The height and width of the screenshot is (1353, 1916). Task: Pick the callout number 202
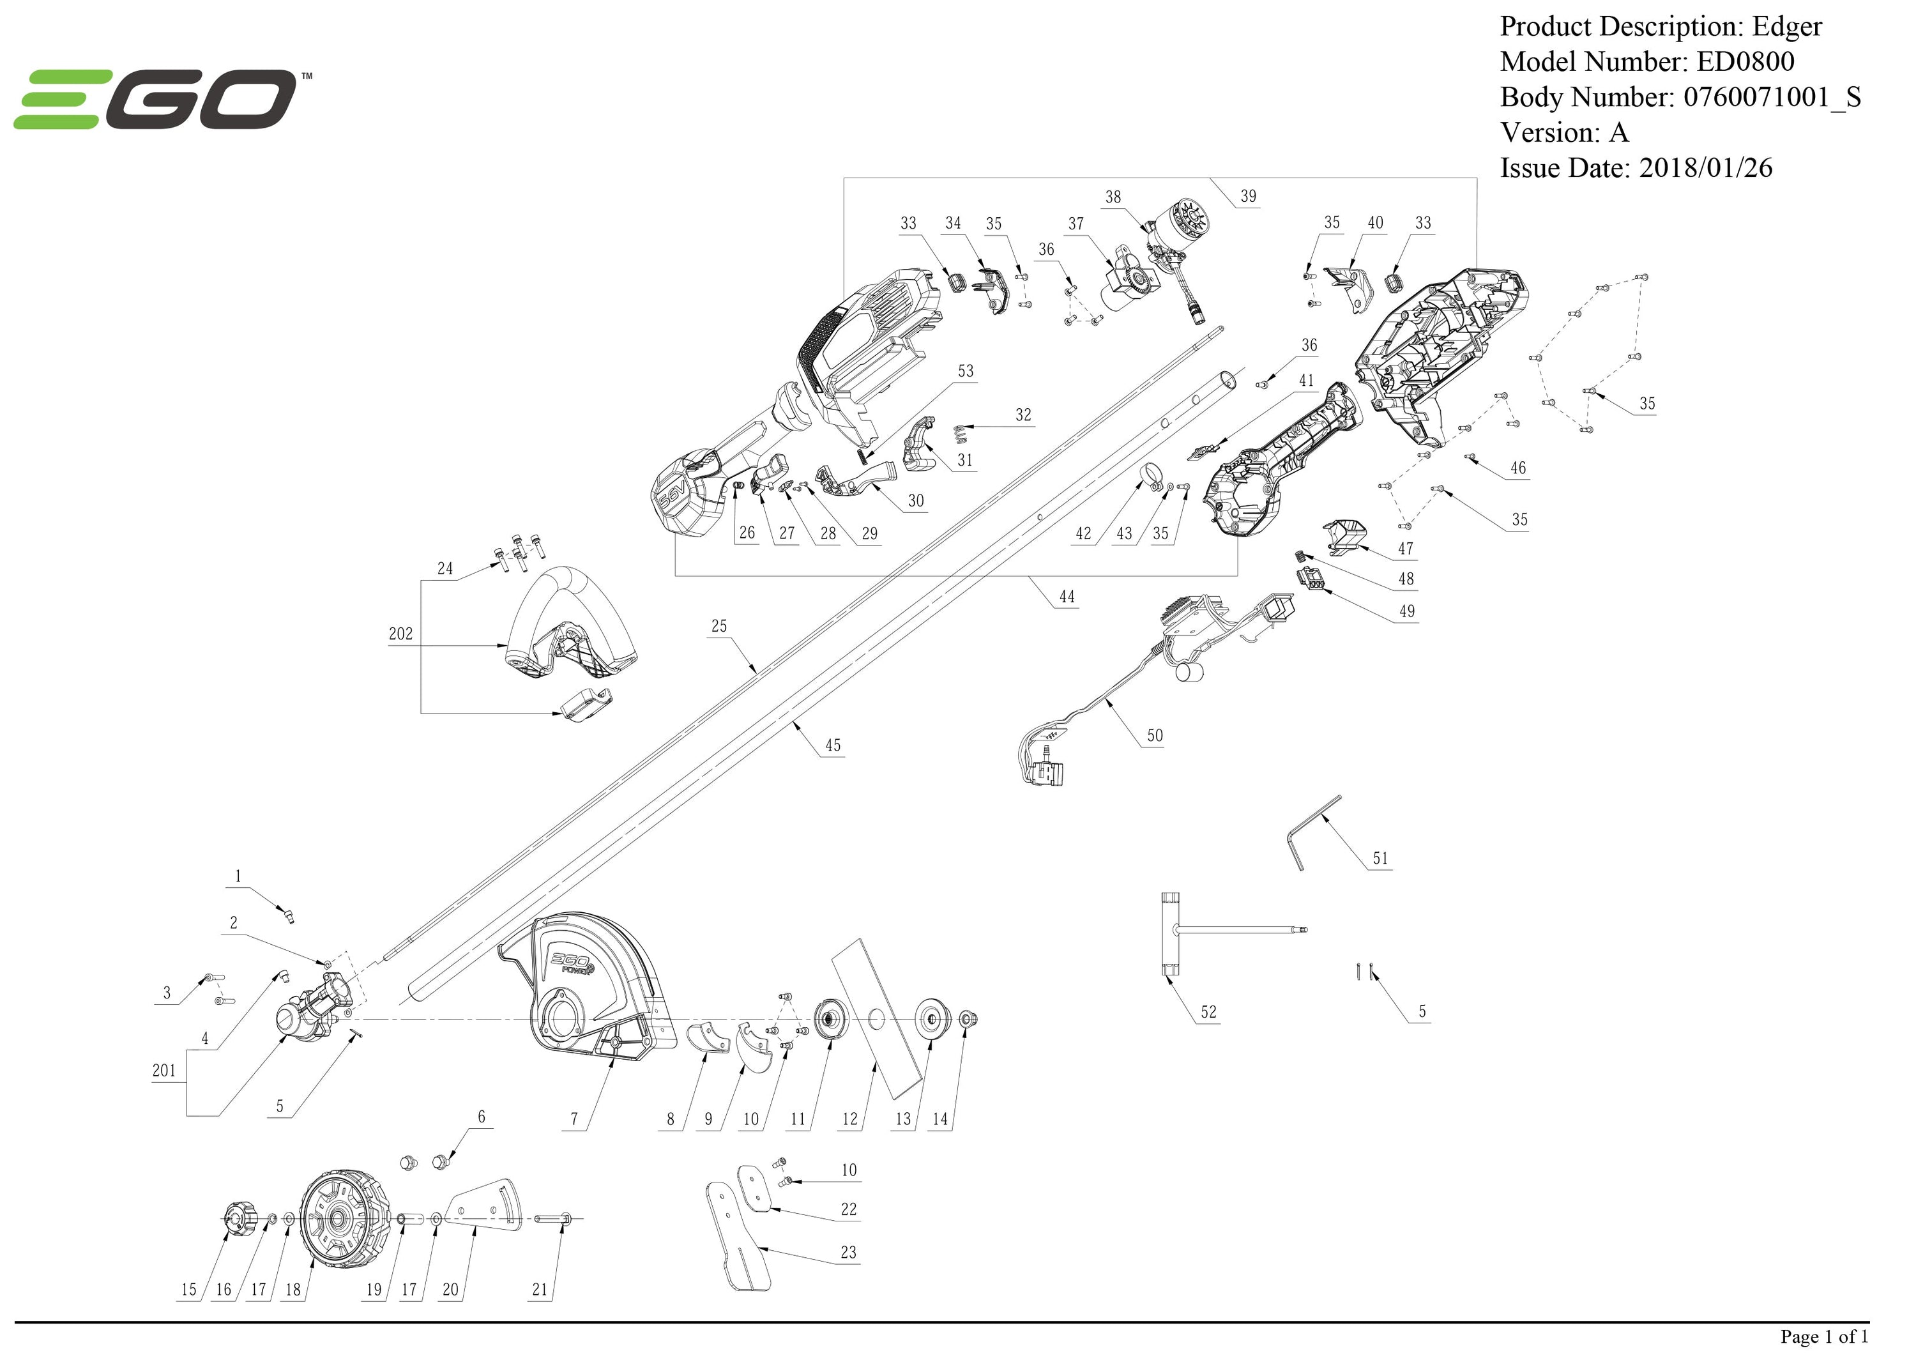click(x=400, y=634)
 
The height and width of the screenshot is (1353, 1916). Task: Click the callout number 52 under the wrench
click(x=1208, y=1012)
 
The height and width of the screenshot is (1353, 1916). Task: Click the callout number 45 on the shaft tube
click(x=832, y=745)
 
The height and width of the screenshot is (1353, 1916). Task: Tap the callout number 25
click(x=718, y=625)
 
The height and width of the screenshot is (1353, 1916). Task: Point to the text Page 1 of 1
click(x=1824, y=1336)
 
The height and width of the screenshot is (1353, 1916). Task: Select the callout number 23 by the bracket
click(x=848, y=1252)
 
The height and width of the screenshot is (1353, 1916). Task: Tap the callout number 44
click(x=1067, y=597)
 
